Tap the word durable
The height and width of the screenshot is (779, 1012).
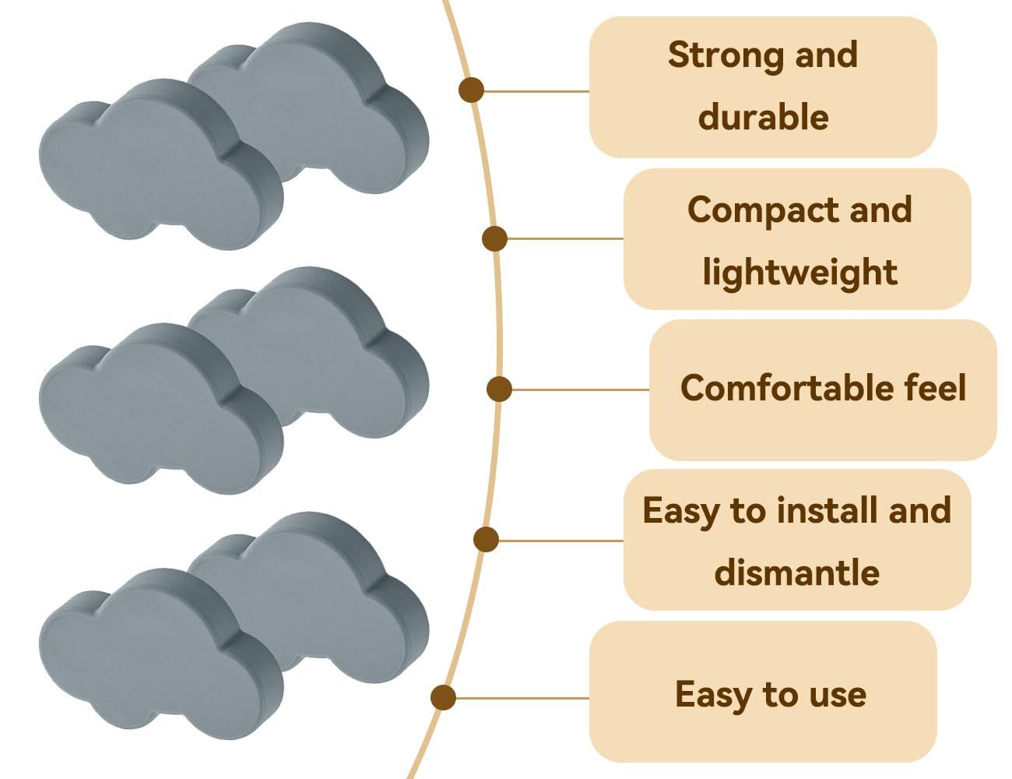pos(764,117)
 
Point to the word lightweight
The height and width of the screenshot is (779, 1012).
pos(799,273)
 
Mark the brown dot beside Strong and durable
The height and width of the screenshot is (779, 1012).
pos(471,90)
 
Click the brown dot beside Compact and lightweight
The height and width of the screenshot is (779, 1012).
pos(494,238)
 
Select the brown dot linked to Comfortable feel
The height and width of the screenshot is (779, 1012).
pos(499,389)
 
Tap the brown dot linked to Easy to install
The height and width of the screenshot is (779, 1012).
pos(487,540)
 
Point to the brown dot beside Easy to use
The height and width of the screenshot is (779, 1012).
pos(444,697)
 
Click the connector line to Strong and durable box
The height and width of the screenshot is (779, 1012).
pos(536,91)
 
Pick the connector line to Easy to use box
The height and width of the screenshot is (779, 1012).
pos(522,699)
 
